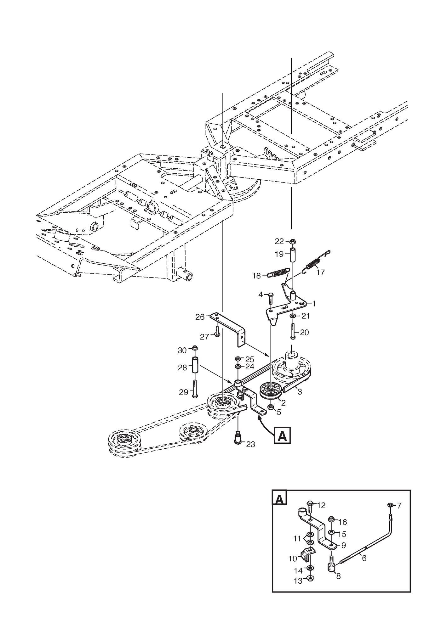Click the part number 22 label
pos(279,241)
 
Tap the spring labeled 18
pos(278,272)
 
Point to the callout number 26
pos(200,317)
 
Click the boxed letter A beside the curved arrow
pos(283,436)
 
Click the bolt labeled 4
pos(271,299)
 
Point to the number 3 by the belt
pos(300,392)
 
